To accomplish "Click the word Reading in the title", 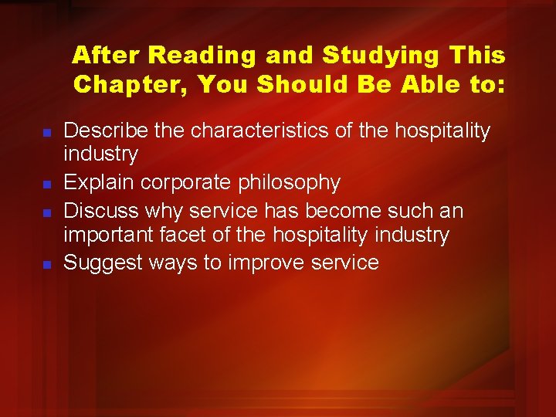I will click(203, 56).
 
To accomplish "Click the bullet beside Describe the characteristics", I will click(46, 133).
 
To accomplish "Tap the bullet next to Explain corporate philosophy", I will click(46, 185).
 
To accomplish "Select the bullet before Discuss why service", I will click(46, 211).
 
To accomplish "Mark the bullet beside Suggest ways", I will click(46, 264).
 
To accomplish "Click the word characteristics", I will click(261, 131).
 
